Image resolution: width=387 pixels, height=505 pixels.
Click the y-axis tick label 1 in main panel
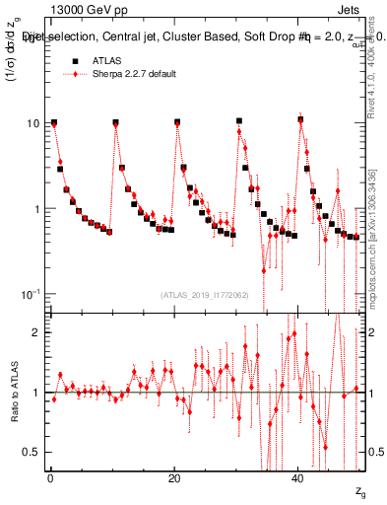pyautogui.click(x=38, y=209)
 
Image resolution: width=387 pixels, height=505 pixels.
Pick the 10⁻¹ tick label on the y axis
pyautogui.click(x=32, y=294)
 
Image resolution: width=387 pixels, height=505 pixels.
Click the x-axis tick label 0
pyautogui.click(x=50, y=476)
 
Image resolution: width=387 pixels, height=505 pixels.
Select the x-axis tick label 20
pyautogui.click(x=174, y=476)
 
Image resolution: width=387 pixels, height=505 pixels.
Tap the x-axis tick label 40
pyautogui.click(x=299, y=476)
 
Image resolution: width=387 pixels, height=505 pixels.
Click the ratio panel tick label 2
pyautogui.click(x=38, y=332)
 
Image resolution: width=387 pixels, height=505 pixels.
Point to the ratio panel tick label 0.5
pyautogui.click(x=34, y=452)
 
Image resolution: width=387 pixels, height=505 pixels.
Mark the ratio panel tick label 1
pyautogui.click(x=38, y=393)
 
